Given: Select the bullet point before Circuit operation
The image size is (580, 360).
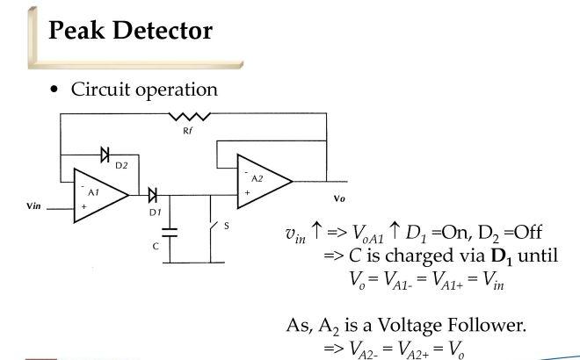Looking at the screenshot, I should (55, 90).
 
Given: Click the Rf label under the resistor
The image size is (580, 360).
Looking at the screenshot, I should (189, 131).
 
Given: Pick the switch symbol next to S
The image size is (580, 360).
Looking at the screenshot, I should (211, 230).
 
